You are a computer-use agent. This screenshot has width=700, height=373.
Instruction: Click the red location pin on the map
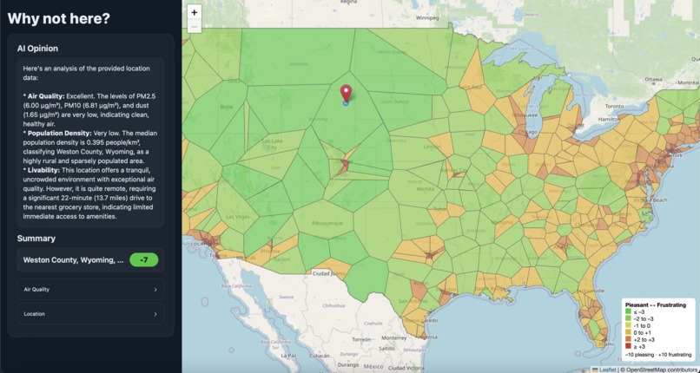pos(346,93)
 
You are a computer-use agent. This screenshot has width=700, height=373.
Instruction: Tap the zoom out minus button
pos(194,26)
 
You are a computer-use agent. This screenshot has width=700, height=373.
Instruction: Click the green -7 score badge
pos(145,259)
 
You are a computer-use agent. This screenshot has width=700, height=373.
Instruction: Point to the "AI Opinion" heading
pos(37,49)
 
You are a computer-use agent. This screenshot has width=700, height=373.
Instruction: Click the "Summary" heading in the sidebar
pos(36,239)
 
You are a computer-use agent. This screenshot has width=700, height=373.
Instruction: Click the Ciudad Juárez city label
pos(327,275)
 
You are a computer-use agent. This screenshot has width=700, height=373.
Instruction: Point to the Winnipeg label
pos(426,16)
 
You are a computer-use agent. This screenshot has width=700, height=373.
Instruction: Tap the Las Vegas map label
pos(238,216)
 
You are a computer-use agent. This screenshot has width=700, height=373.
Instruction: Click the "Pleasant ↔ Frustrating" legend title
pos(656,305)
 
